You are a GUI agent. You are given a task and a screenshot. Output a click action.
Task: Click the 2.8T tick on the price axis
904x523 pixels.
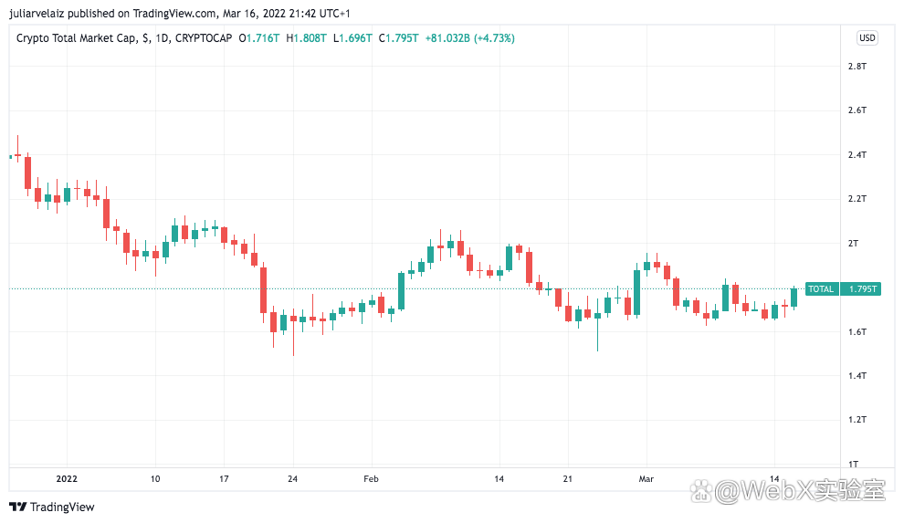tap(857, 67)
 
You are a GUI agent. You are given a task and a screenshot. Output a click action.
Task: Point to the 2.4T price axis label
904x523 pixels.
tap(857, 155)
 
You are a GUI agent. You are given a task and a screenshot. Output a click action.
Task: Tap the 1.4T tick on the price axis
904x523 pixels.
tap(857, 376)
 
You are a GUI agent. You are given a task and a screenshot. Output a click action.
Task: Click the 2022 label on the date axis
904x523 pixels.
tap(67, 478)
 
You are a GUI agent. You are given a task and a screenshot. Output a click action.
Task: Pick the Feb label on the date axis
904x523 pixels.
tap(370, 478)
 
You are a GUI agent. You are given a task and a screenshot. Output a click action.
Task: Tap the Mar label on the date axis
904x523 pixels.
tap(646, 478)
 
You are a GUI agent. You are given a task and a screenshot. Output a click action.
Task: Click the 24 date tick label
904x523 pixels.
tap(292, 478)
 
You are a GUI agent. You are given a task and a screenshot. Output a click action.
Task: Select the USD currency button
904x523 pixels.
tap(867, 38)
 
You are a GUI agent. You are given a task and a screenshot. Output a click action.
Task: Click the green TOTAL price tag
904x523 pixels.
tap(821, 289)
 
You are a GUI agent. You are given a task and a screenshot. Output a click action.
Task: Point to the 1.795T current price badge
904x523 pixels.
tap(862, 289)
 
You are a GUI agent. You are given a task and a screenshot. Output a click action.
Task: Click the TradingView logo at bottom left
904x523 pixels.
tap(52, 507)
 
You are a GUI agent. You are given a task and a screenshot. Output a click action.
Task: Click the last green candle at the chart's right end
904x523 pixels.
tap(794, 297)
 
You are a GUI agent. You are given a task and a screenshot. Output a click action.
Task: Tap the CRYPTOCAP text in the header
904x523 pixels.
tap(204, 38)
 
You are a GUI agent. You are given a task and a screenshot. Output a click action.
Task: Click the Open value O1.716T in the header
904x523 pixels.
tap(260, 38)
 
